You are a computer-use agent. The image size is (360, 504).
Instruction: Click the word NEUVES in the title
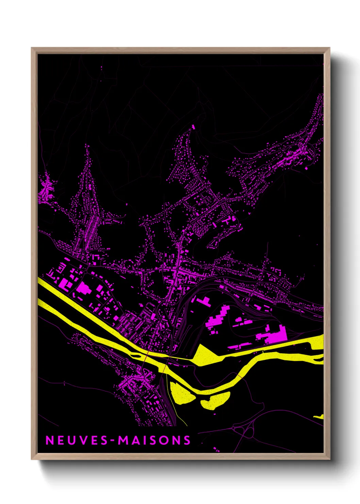click(77, 440)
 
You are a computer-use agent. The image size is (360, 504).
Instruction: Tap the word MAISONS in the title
click(154, 440)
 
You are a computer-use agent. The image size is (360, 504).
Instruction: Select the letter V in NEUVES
click(85, 440)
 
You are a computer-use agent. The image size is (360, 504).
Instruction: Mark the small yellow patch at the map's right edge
click(319, 416)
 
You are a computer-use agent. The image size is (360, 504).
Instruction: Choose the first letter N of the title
click(49, 440)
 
